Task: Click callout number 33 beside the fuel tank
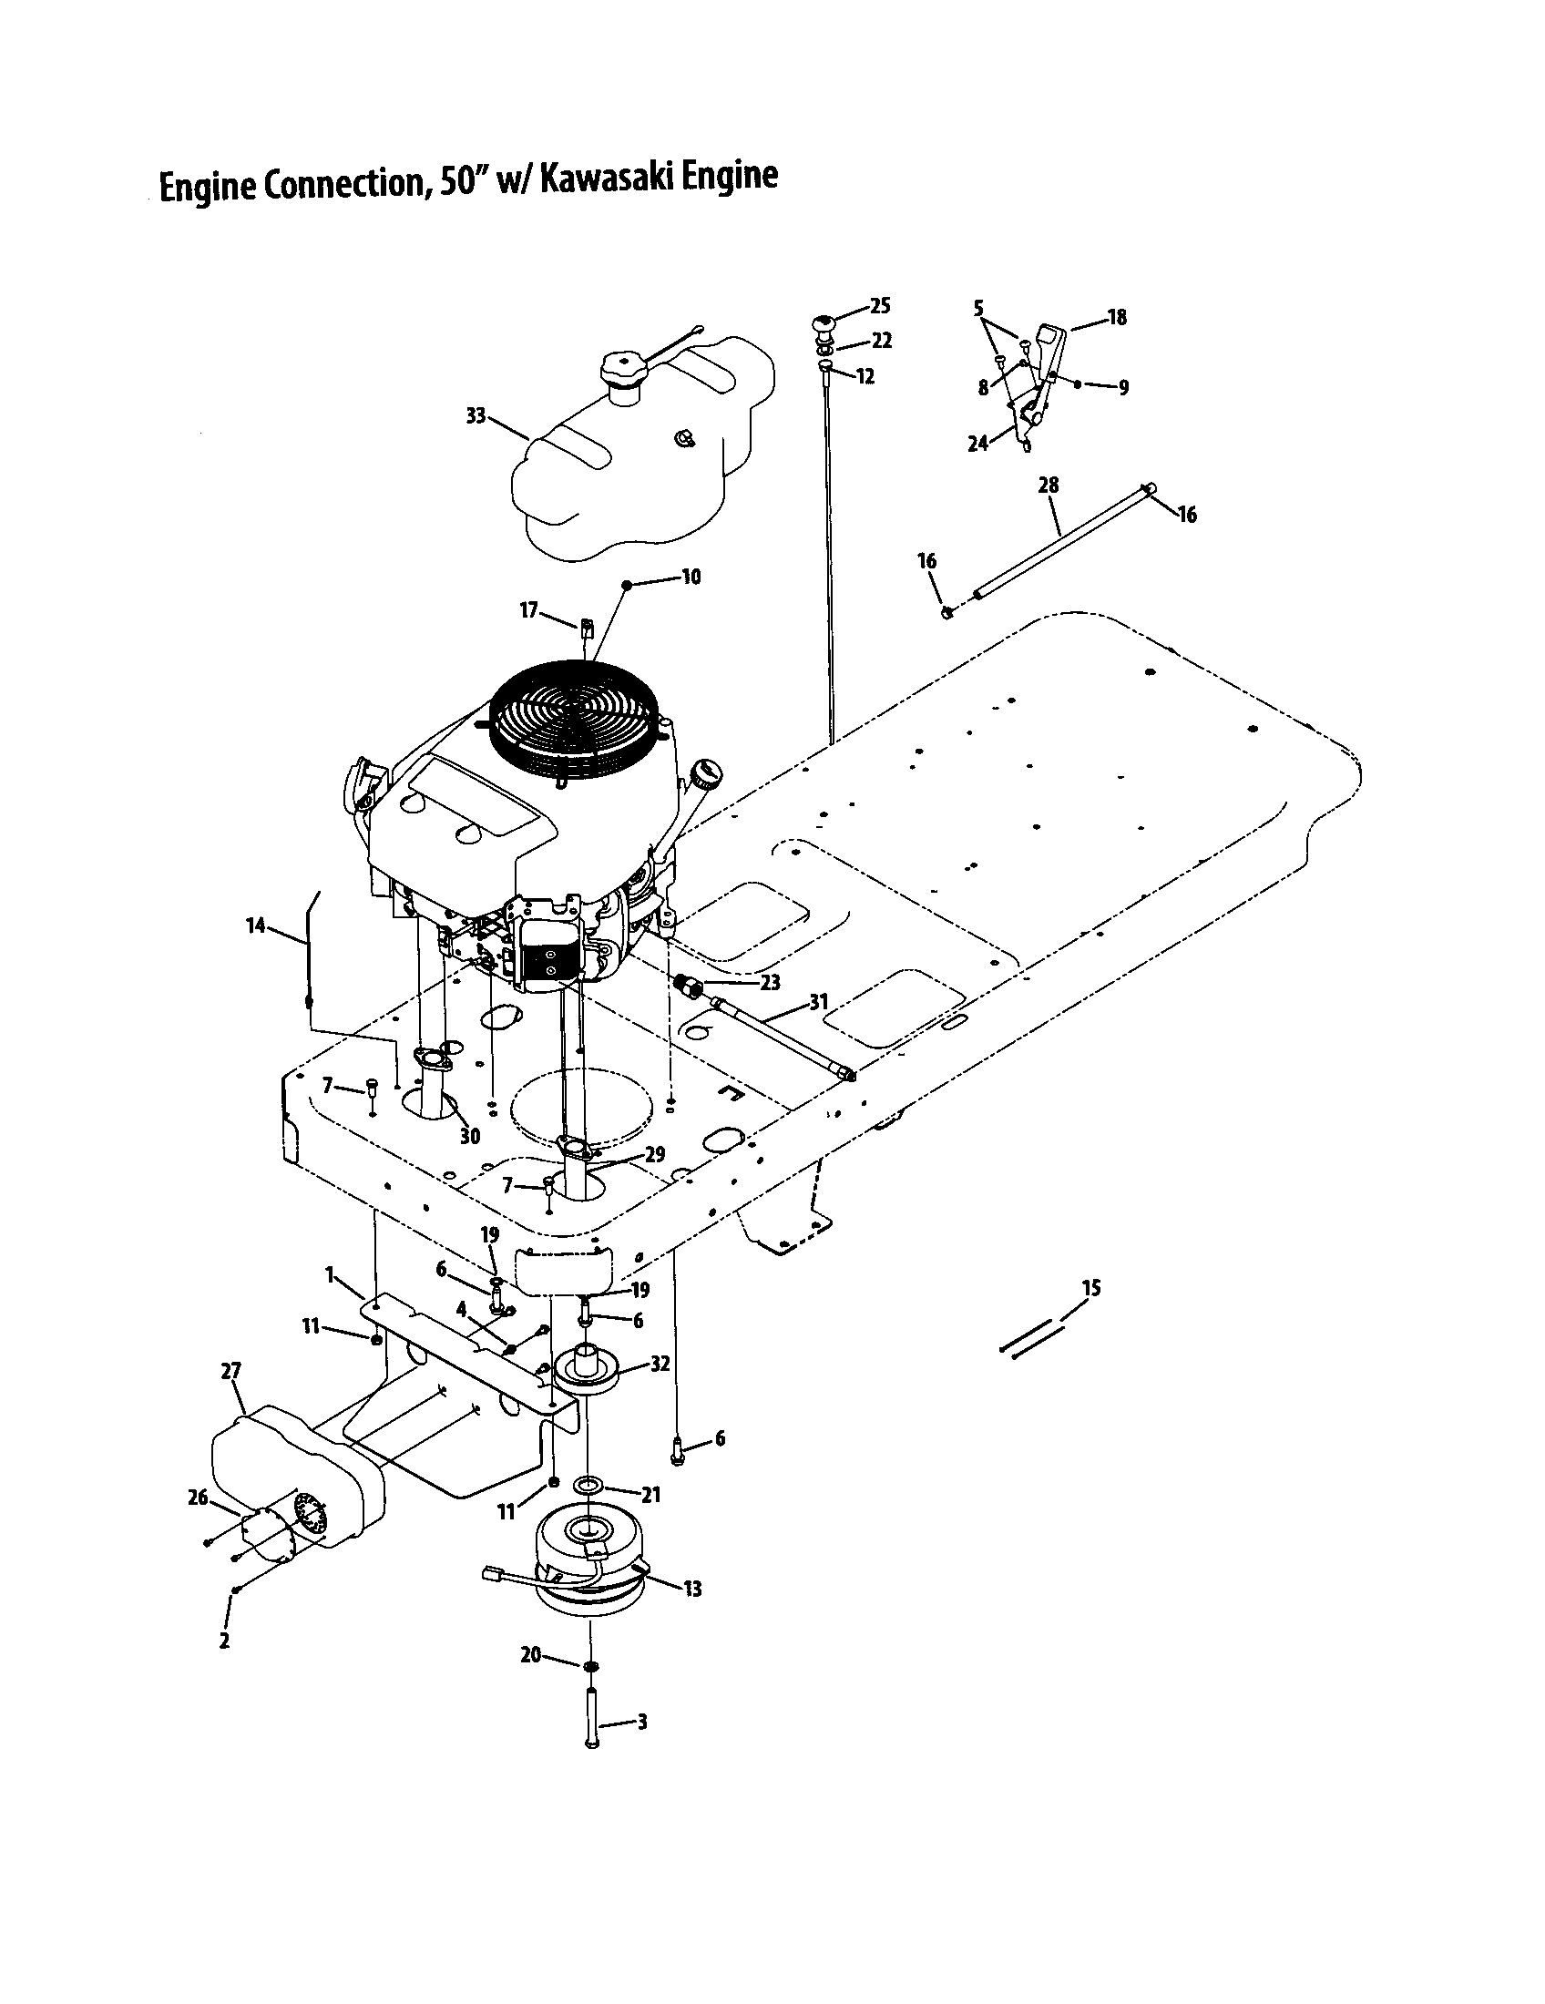[x=476, y=415]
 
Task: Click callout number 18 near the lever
[x=1117, y=318]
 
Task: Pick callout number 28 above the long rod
[x=1049, y=485]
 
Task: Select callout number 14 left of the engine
[x=255, y=925]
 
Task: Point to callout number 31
[x=818, y=1003]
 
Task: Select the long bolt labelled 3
[x=591, y=1723]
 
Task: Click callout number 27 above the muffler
[x=230, y=1371]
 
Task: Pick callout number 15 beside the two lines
[x=1090, y=1288]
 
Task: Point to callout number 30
[x=469, y=1137]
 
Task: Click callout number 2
[x=224, y=1641]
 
